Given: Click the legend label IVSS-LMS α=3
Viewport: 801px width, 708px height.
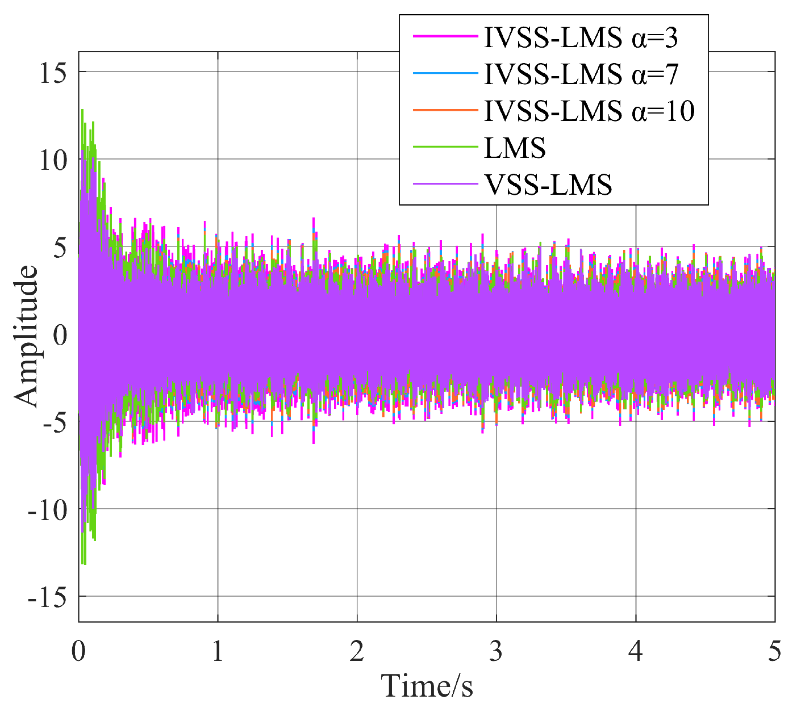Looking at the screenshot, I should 581,37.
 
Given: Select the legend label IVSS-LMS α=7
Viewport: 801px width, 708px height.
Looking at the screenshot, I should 581,74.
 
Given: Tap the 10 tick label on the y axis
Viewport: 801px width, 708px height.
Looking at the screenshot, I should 53,160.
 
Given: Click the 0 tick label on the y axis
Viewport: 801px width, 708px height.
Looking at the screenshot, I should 60,334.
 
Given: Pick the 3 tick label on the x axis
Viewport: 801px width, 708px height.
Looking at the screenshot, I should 496,651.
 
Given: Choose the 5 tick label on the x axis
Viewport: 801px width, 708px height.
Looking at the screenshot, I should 774,651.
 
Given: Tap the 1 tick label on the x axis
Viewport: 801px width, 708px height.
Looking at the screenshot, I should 218,651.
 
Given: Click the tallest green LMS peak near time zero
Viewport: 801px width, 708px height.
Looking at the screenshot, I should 82,110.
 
